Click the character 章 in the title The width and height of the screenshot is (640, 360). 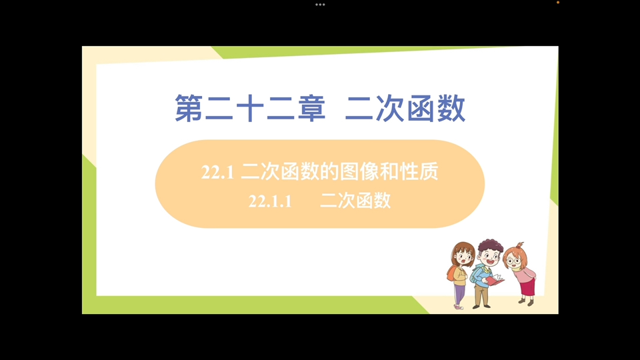click(x=309, y=109)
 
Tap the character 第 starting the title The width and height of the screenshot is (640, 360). click(x=190, y=109)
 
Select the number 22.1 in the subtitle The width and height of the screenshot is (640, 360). click(x=217, y=173)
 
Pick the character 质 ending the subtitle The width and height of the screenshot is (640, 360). click(x=429, y=173)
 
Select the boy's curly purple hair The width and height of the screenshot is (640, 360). click(x=490, y=245)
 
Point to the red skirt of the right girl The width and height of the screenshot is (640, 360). click(x=527, y=285)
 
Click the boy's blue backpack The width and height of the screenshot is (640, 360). click(x=476, y=273)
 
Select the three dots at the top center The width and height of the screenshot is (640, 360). click(x=320, y=4)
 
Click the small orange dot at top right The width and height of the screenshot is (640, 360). click(x=557, y=3)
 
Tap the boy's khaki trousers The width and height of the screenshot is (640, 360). click(x=481, y=295)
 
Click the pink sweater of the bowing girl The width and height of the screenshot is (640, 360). click(x=526, y=271)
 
